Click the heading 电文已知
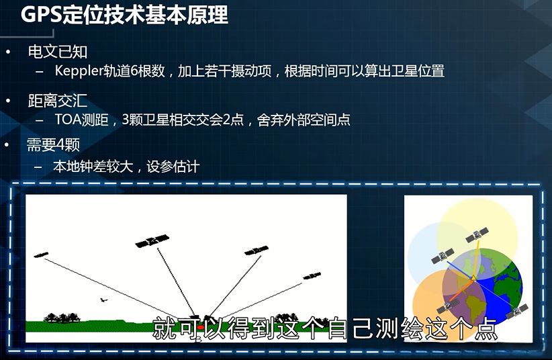pyautogui.click(x=57, y=52)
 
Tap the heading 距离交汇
pyautogui.click(x=57, y=101)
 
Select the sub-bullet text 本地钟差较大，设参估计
pyautogui.click(x=126, y=166)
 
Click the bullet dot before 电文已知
pyautogui.click(x=8, y=52)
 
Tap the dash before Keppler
pyautogui.click(x=40, y=71)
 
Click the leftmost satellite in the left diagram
pyautogui.click(x=42, y=255)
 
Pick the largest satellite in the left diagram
pyautogui.click(x=152, y=240)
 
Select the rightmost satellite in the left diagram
pyautogui.click(x=312, y=275)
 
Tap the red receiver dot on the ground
pyautogui.click(x=199, y=327)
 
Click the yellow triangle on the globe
pyautogui.click(x=473, y=277)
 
